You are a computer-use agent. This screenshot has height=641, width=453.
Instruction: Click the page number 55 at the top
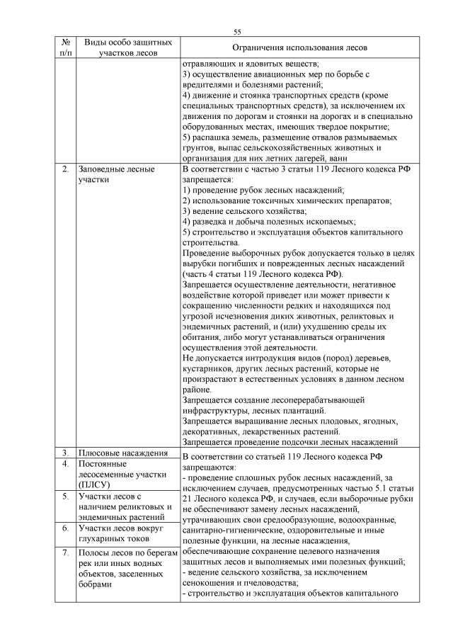pos(237,31)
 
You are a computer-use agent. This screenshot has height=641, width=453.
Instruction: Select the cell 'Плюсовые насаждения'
pos(122,453)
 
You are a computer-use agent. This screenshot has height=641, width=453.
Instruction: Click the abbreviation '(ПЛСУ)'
pos(95,484)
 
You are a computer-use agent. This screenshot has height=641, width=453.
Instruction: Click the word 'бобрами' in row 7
pos(95,585)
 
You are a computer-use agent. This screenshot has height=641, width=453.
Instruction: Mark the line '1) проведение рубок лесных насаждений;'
pos(263,191)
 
